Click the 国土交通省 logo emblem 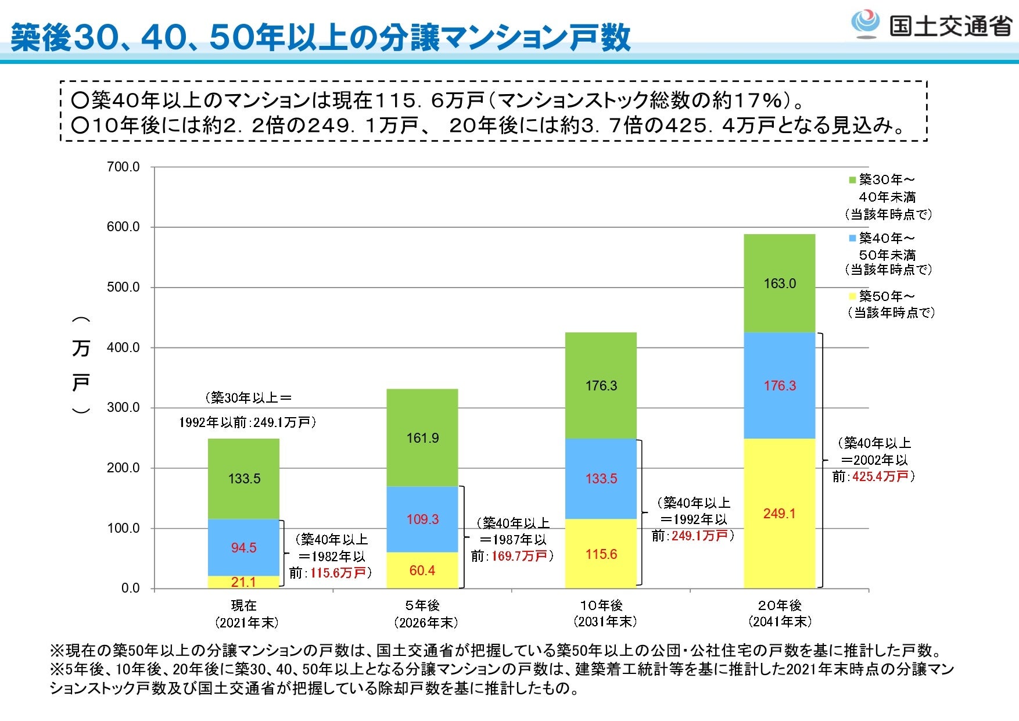coord(865,24)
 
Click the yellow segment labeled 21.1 coord(243,582)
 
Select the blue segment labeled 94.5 coord(243,547)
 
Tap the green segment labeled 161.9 coord(422,437)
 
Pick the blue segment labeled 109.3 coord(422,519)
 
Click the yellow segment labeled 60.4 coord(422,570)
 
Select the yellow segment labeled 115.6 coord(601,554)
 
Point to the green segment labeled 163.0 coord(780,284)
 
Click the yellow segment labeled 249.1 coord(780,514)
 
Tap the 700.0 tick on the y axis coord(123,167)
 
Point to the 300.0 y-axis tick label coord(123,407)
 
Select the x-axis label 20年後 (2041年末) coord(780,614)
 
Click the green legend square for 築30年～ coord(852,180)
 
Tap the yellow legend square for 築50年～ coord(852,296)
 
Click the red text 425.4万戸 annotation coord(880,476)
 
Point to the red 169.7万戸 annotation coord(519,556)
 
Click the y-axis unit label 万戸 coord(81,366)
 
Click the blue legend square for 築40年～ coord(852,238)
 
